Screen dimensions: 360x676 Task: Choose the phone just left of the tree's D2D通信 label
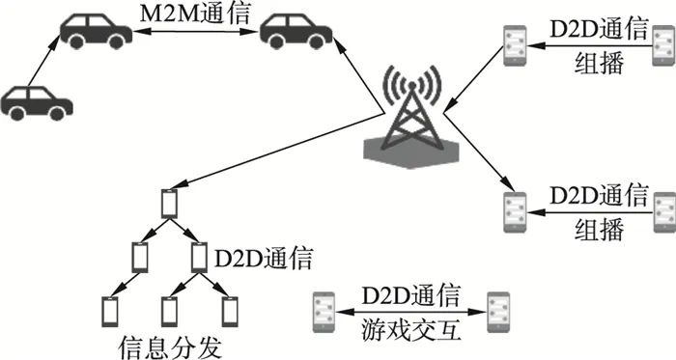coord(199,257)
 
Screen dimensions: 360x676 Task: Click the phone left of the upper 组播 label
coord(513,43)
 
